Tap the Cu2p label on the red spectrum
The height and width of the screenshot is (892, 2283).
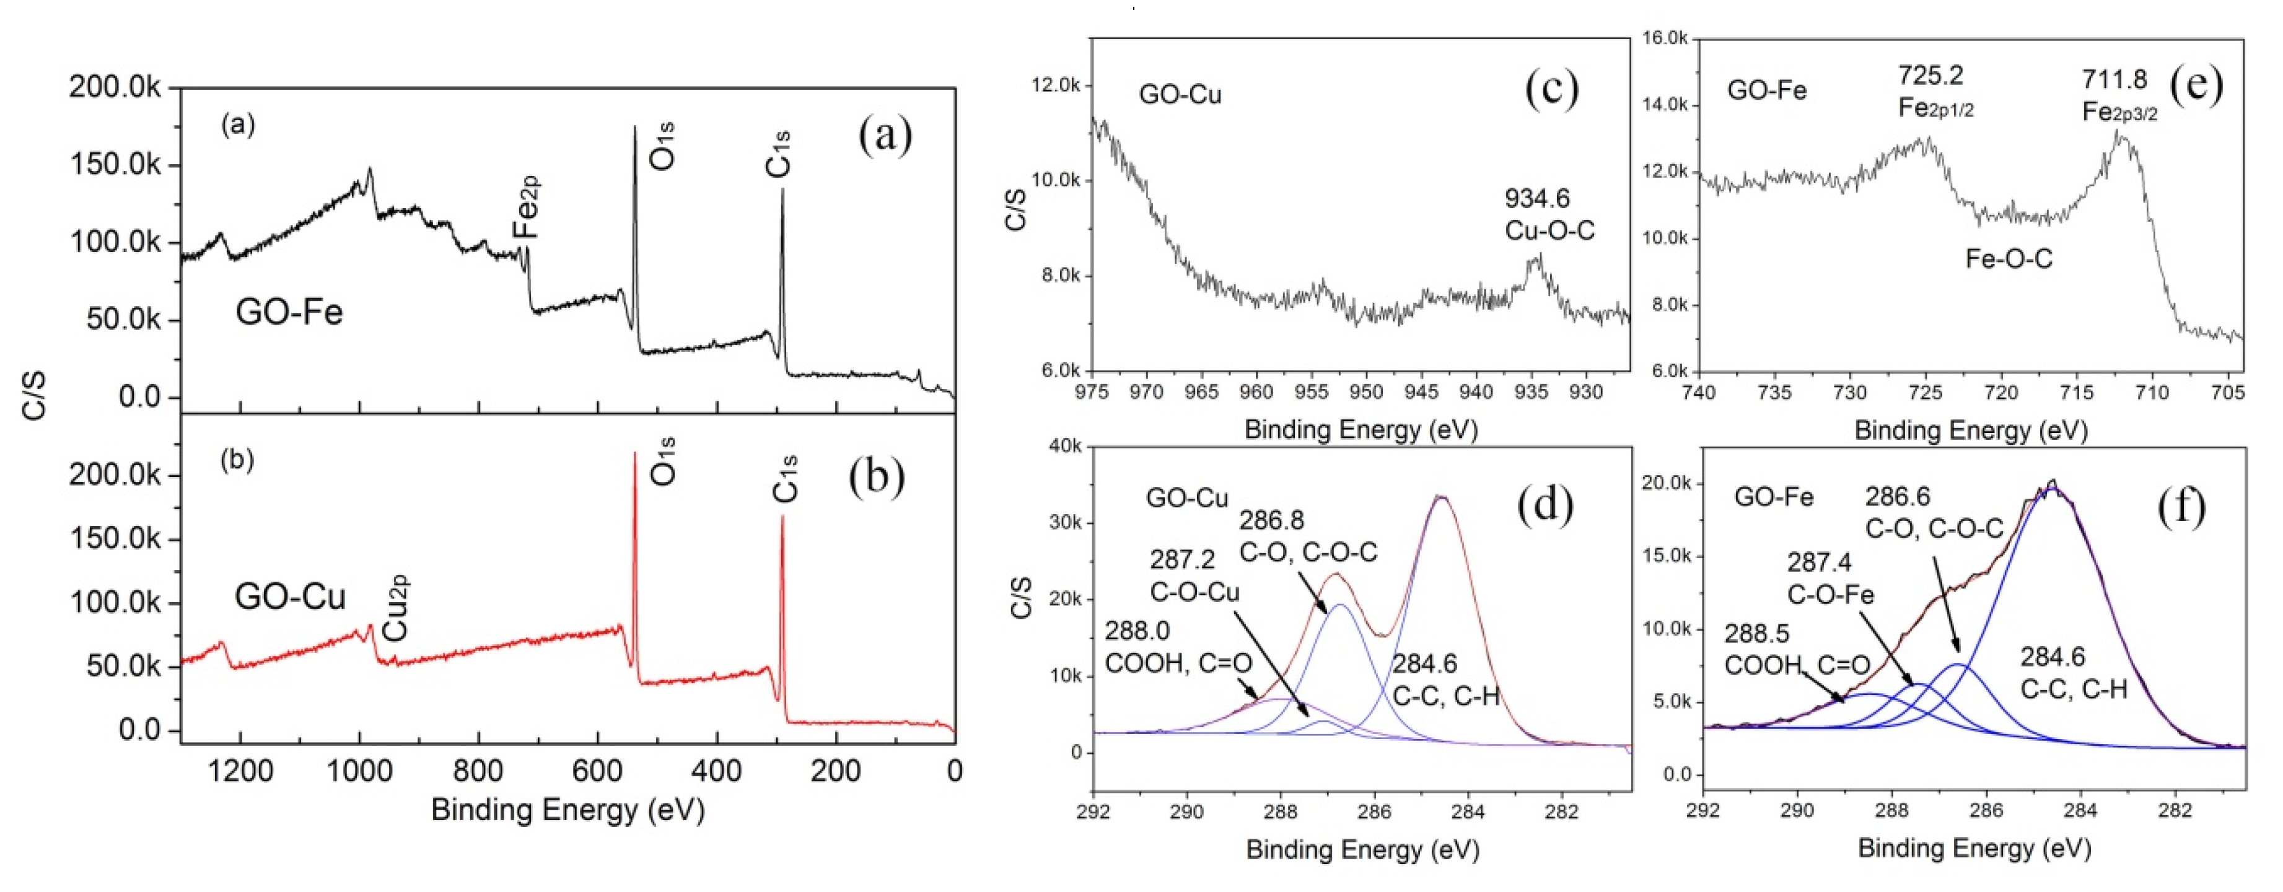[x=395, y=608]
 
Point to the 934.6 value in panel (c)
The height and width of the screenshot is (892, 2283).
[x=1537, y=198]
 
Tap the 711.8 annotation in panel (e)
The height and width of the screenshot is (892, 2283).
[x=2114, y=80]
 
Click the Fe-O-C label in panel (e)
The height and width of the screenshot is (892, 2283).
[x=2009, y=260]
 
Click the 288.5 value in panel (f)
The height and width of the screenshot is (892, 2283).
[x=1756, y=634]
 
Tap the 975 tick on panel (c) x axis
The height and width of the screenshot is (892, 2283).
[x=1091, y=391]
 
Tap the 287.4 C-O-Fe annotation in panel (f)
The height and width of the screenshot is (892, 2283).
[x=1818, y=562]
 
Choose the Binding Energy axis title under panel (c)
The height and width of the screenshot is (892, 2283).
[x=1361, y=431]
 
